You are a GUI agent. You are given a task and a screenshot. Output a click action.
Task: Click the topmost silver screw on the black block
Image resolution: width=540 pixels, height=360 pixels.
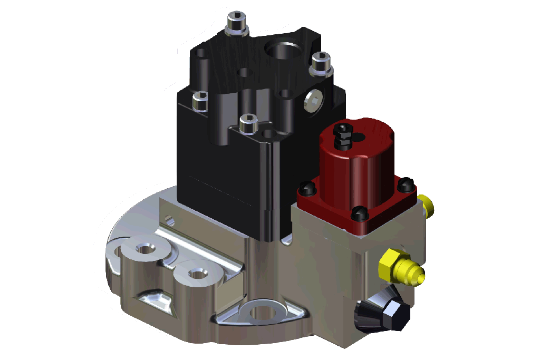(x=236, y=24)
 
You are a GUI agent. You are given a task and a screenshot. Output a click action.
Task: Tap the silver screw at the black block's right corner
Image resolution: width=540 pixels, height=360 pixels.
(x=321, y=63)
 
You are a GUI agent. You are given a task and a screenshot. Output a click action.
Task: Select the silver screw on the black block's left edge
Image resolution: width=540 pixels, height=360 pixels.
(x=201, y=100)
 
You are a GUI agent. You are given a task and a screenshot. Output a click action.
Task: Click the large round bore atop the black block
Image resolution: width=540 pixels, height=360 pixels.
(x=284, y=51)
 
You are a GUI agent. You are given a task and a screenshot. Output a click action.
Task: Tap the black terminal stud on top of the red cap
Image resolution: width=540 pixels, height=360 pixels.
(x=343, y=135)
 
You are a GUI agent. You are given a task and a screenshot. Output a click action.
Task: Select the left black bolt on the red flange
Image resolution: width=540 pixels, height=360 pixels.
(x=304, y=189)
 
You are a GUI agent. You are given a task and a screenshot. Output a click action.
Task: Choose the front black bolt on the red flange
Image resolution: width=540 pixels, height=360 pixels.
(x=359, y=213)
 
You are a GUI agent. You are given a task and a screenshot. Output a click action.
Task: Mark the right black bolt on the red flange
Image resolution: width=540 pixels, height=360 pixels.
(x=404, y=184)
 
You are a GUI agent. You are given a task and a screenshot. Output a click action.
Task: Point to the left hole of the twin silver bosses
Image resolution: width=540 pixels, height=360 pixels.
(x=143, y=248)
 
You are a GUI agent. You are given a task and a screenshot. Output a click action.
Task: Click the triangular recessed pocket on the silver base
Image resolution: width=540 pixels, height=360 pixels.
(x=153, y=304)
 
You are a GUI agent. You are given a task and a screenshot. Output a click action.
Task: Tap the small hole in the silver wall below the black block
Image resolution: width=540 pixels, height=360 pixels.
(x=169, y=219)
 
